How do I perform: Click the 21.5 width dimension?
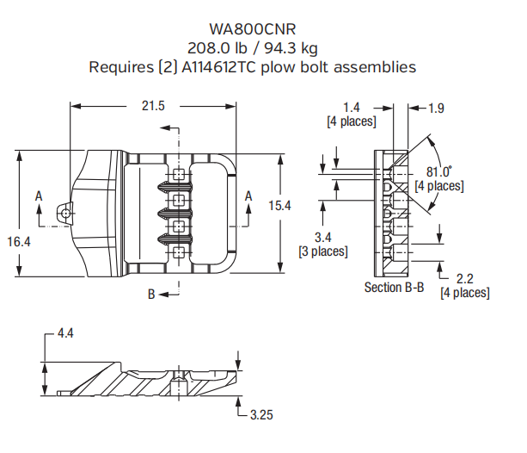click(x=152, y=106)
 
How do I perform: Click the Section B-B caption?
click(x=394, y=287)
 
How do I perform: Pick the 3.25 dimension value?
click(x=262, y=415)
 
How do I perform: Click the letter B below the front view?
click(x=150, y=295)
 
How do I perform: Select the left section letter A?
click(x=39, y=197)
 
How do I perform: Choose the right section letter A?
click(x=248, y=197)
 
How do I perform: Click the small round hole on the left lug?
click(x=64, y=208)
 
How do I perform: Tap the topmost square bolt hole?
click(x=178, y=175)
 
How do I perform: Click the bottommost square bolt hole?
click(x=178, y=251)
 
